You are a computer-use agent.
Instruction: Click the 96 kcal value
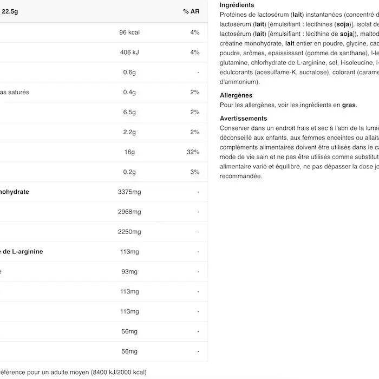point(129,32)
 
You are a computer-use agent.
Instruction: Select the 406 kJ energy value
point(129,53)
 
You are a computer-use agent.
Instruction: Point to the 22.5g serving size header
point(10,12)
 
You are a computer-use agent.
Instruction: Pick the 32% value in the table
point(193,152)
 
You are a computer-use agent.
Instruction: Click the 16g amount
point(129,152)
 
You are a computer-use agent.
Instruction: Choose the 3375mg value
point(129,192)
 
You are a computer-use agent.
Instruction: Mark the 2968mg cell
point(129,212)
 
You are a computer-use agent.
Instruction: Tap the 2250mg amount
point(129,232)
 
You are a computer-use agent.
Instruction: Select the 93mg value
point(129,272)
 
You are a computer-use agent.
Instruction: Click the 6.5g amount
point(129,112)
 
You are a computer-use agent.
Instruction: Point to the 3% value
point(195,172)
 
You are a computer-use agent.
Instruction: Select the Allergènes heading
point(236,96)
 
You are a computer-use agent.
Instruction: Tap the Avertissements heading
point(244,119)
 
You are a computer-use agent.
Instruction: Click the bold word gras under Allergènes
point(349,105)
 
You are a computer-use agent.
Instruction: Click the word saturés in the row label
point(19,93)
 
